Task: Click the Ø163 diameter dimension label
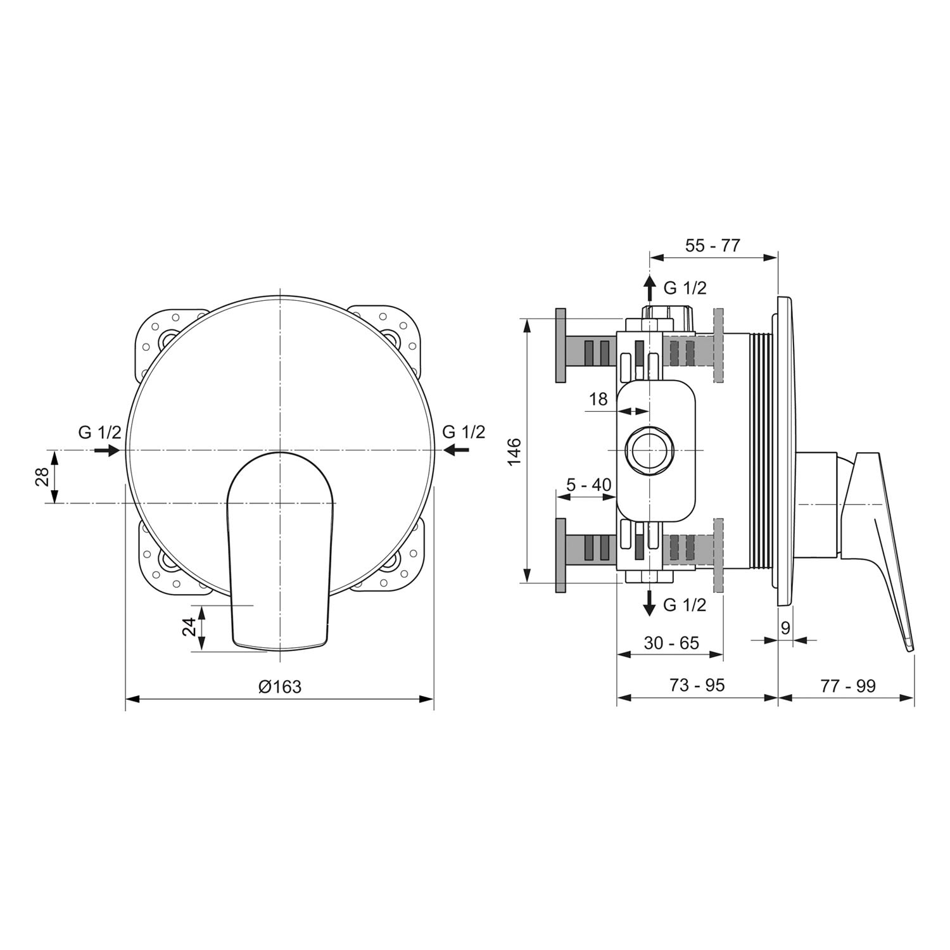(x=280, y=686)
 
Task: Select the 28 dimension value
(x=42, y=477)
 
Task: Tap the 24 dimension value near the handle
(x=189, y=627)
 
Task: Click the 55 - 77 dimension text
(x=712, y=245)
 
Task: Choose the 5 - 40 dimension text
(x=588, y=485)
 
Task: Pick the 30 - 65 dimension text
(x=671, y=643)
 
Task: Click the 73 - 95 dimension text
(x=697, y=685)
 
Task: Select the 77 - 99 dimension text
(x=848, y=685)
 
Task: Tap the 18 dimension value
(x=598, y=399)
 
